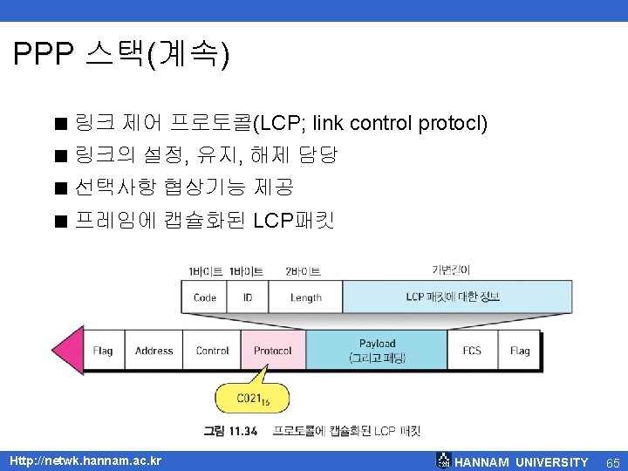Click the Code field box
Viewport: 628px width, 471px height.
click(204, 297)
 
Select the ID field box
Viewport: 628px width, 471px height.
click(248, 297)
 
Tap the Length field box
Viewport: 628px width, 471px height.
click(305, 297)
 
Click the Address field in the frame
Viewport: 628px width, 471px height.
click(154, 351)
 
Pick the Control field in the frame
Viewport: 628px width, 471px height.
click(212, 351)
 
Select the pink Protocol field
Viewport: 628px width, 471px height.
click(273, 351)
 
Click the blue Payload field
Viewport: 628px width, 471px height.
click(377, 351)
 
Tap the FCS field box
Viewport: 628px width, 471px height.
click(472, 351)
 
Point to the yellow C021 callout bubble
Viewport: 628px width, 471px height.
click(251, 399)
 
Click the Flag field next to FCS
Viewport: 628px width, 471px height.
click(520, 351)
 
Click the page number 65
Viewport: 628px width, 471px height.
click(612, 461)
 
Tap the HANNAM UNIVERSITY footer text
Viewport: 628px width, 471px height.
click(522, 462)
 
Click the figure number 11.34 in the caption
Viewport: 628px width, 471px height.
click(241, 431)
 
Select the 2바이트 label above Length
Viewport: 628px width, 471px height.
click(303, 271)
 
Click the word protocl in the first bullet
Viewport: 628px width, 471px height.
click(453, 123)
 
